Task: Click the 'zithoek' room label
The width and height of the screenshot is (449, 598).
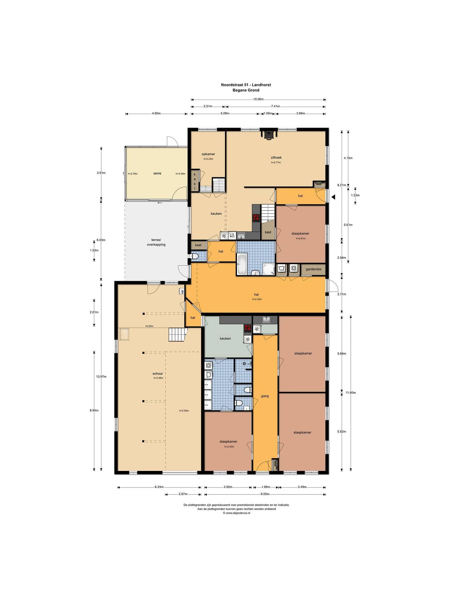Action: tap(276, 158)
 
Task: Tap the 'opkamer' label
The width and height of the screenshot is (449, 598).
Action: tap(208, 154)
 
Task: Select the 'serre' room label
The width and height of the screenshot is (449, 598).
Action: tap(157, 173)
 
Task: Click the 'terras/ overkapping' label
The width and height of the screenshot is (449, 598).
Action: tap(156, 242)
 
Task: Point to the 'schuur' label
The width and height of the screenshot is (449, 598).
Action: tap(158, 373)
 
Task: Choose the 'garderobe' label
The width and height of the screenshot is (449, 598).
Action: tap(313, 269)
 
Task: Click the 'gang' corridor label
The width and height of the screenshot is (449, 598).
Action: tap(265, 396)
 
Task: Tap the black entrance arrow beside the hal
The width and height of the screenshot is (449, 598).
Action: tap(333, 197)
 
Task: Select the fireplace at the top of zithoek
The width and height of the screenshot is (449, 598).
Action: tap(268, 134)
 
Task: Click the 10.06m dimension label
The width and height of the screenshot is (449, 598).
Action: tap(258, 99)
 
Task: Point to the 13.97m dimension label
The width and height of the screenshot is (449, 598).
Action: tap(101, 377)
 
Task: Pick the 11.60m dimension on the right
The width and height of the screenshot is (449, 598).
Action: tap(351, 392)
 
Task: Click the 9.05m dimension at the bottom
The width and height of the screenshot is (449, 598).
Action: tap(265, 494)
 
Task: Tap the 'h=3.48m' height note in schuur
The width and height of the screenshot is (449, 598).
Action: tap(158, 378)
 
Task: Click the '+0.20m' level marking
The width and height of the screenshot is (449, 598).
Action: tap(149, 326)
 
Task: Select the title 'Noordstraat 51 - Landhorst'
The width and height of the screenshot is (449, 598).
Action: tap(246, 85)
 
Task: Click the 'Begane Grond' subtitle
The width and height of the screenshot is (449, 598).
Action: tap(246, 90)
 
